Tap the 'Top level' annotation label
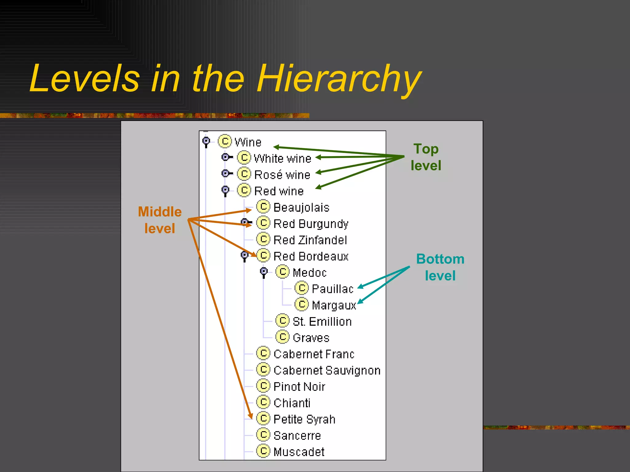point(426,157)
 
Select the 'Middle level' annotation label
point(160,220)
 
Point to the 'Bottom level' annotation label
point(440,267)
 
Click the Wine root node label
point(248,142)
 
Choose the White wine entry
point(282,159)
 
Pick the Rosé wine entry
point(282,175)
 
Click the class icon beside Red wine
point(244,191)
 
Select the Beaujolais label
point(301,207)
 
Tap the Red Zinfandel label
point(310,240)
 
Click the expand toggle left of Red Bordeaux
point(245,256)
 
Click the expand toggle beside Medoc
point(264,272)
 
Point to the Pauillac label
point(333,289)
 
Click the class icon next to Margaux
point(301,305)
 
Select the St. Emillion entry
point(322,321)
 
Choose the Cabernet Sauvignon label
point(327,370)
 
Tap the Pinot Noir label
point(299,387)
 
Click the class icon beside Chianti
point(263,402)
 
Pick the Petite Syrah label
point(304,419)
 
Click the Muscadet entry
point(299,452)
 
